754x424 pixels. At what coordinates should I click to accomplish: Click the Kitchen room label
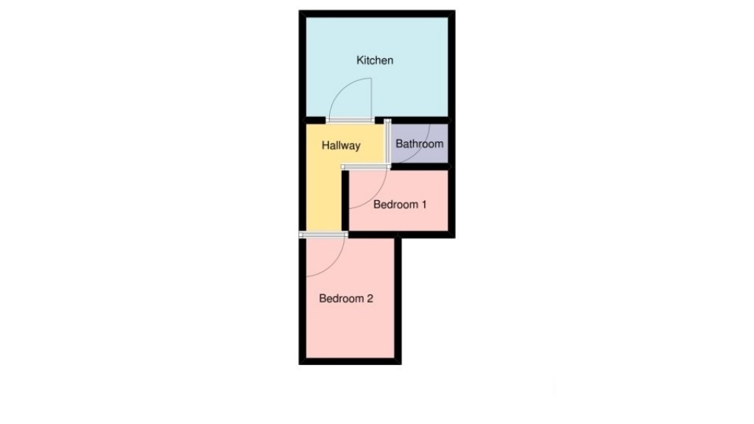[375, 60]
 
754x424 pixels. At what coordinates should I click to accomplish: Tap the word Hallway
[341, 146]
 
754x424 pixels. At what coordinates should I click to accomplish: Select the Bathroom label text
[420, 144]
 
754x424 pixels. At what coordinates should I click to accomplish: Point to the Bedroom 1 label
[400, 205]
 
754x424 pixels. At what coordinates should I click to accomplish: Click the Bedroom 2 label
[346, 299]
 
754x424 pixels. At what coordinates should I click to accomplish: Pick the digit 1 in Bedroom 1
[423, 205]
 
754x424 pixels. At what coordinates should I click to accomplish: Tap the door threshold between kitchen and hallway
[350, 120]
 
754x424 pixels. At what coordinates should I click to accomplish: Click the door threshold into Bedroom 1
[366, 169]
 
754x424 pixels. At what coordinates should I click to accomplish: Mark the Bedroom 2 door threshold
[323, 234]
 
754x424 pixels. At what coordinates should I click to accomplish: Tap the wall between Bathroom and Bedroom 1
[420, 167]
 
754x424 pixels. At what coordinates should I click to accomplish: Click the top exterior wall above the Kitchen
[376, 14]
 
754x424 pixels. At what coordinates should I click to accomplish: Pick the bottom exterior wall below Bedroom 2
[350, 361]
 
